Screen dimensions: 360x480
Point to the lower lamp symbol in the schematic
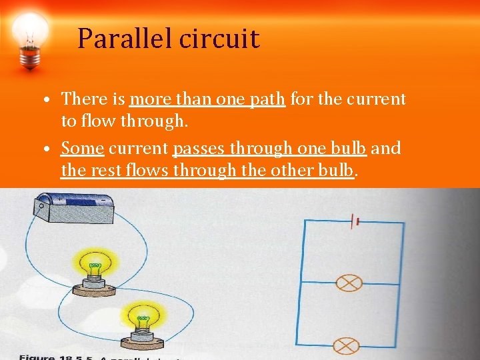pos(346,346)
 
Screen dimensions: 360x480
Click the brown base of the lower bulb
pos(141,341)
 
